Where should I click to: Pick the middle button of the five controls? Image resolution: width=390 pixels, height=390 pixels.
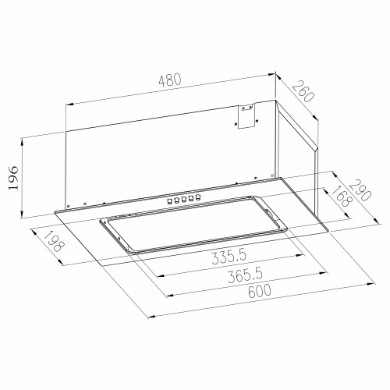tap(183, 200)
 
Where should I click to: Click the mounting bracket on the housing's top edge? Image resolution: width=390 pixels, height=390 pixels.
tap(246, 118)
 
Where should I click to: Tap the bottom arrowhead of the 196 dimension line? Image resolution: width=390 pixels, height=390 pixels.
tap(24, 216)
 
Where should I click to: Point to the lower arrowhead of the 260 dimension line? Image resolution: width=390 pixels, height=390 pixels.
tap(317, 117)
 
